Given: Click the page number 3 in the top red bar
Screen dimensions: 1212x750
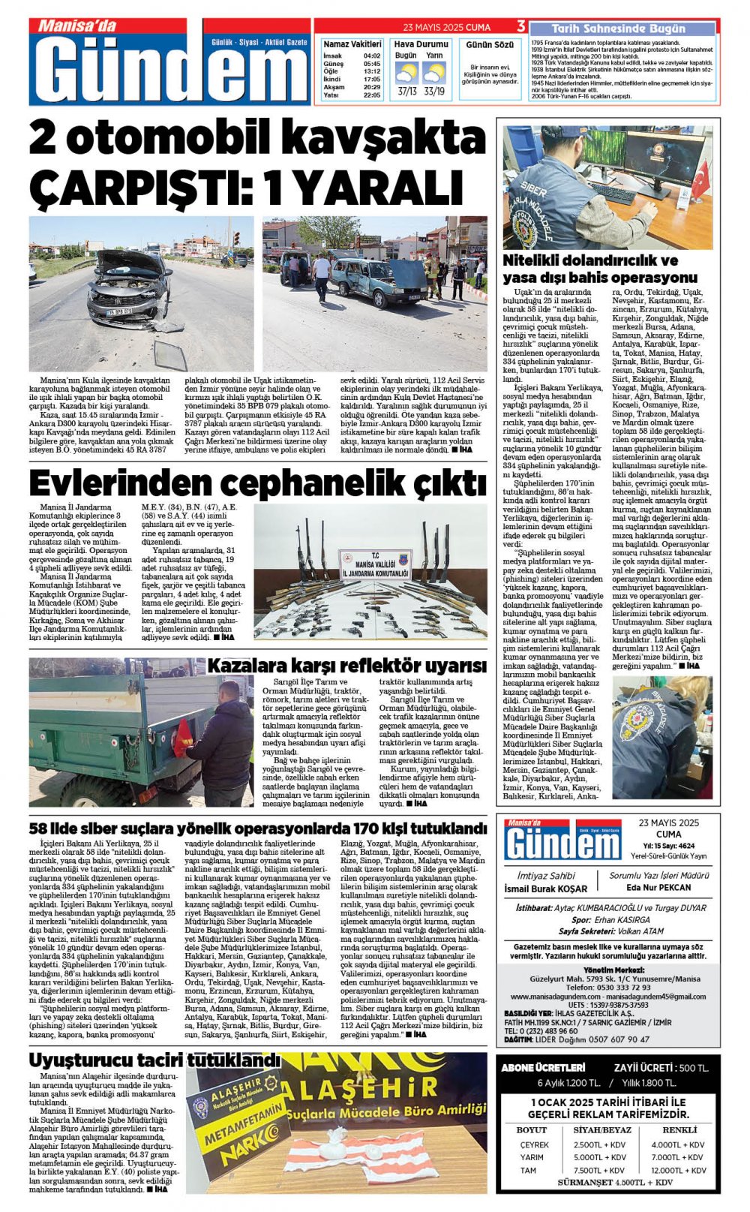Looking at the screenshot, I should pos(520,27).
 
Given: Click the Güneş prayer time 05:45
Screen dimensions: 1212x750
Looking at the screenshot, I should pos(371,64).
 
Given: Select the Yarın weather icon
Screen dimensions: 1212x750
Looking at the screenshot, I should pos(433,73).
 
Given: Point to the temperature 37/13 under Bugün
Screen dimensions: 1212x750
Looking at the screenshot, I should pos(406,92).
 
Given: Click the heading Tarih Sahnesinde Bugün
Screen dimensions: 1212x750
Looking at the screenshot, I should pos(618,29).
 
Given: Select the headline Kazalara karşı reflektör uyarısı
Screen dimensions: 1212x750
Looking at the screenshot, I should pos(346,666).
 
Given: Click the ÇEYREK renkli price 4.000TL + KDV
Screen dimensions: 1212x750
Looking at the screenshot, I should pos(677,1144).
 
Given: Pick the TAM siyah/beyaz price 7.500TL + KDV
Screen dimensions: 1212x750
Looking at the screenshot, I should pos(598,1170).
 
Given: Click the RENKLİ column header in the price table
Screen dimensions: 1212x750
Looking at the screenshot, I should pos(679,1129).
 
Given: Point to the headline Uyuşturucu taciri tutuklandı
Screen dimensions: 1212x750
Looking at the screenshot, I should pos(154,1060).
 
